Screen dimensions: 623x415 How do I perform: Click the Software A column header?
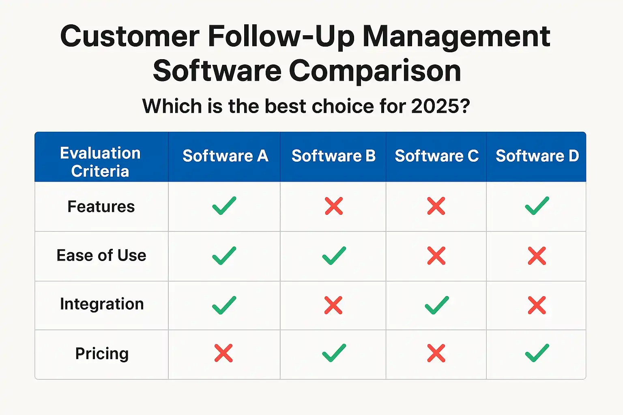(x=225, y=156)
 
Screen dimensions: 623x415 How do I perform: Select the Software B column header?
(x=333, y=156)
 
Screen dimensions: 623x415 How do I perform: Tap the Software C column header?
(x=437, y=156)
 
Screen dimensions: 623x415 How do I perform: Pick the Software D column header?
(x=537, y=156)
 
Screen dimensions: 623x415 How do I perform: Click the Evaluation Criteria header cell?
(x=101, y=162)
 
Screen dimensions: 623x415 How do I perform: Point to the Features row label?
(x=101, y=207)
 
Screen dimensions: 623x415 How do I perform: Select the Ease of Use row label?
(x=101, y=255)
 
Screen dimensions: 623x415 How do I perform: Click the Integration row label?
(x=102, y=304)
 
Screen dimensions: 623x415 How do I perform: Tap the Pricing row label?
(x=102, y=353)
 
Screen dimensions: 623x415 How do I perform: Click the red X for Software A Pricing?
(x=223, y=353)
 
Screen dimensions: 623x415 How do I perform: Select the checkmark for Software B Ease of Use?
(x=334, y=256)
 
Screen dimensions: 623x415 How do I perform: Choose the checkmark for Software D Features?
(x=537, y=206)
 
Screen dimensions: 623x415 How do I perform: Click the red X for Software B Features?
(x=334, y=206)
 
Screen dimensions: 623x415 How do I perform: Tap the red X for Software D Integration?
(x=537, y=305)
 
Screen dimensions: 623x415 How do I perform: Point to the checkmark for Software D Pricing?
(x=537, y=353)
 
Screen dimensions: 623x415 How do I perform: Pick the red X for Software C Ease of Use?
(x=436, y=256)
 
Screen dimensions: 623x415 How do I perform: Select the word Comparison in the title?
(x=375, y=71)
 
